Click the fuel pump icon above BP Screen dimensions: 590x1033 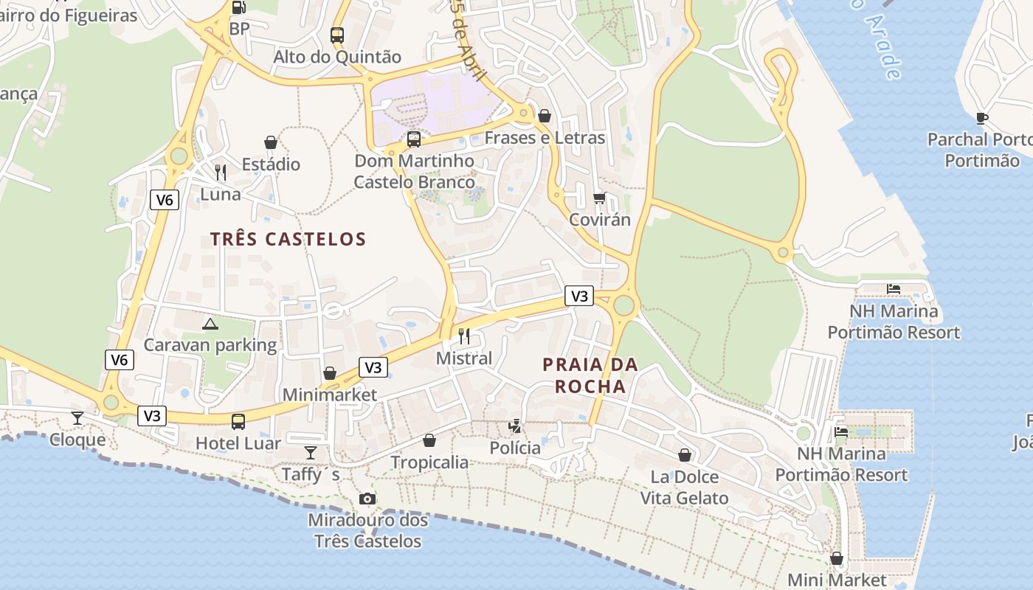[238, 8]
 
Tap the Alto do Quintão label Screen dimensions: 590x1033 [337, 57]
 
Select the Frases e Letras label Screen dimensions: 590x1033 [545, 138]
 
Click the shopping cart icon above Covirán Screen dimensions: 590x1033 [599, 198]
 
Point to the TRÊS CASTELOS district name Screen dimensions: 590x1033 [288, 239]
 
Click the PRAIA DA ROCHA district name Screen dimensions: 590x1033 [590, 375]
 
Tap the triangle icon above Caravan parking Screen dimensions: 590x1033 [210, 323]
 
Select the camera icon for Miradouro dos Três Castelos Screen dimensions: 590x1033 [367, 499]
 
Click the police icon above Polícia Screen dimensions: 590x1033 [515, 426]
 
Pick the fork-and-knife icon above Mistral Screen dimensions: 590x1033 [464, 336]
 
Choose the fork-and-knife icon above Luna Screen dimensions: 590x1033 [221, 173]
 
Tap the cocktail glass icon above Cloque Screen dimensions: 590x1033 [77, 418]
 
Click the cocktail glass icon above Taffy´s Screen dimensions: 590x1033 [311, 452]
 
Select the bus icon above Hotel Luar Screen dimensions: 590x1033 [238, 421]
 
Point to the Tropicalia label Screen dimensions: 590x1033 [429, 462]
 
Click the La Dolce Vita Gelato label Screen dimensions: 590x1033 [684, 487]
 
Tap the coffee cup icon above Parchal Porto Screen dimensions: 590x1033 [982, 117]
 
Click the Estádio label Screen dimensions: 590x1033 [271, 164]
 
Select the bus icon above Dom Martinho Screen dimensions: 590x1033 [414, 139]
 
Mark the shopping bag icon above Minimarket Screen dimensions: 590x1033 [330, 373]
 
